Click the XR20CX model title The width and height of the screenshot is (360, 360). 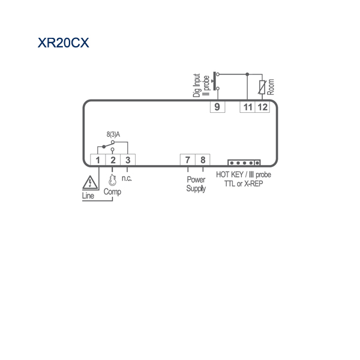click(63, 43)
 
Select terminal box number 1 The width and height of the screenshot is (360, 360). click(98, 160)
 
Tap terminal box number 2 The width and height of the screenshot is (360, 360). click(113, 160)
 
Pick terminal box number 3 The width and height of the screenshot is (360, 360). click(128, 160)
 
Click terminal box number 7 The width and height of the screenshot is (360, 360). click(188, 160)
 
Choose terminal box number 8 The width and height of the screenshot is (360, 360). click(203, 160)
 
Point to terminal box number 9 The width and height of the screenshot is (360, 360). click(217, 107)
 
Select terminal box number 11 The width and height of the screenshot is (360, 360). click(247, 107)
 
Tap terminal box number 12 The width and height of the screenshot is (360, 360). click(262, 107)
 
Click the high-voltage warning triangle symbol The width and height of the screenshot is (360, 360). click(90, 183)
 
